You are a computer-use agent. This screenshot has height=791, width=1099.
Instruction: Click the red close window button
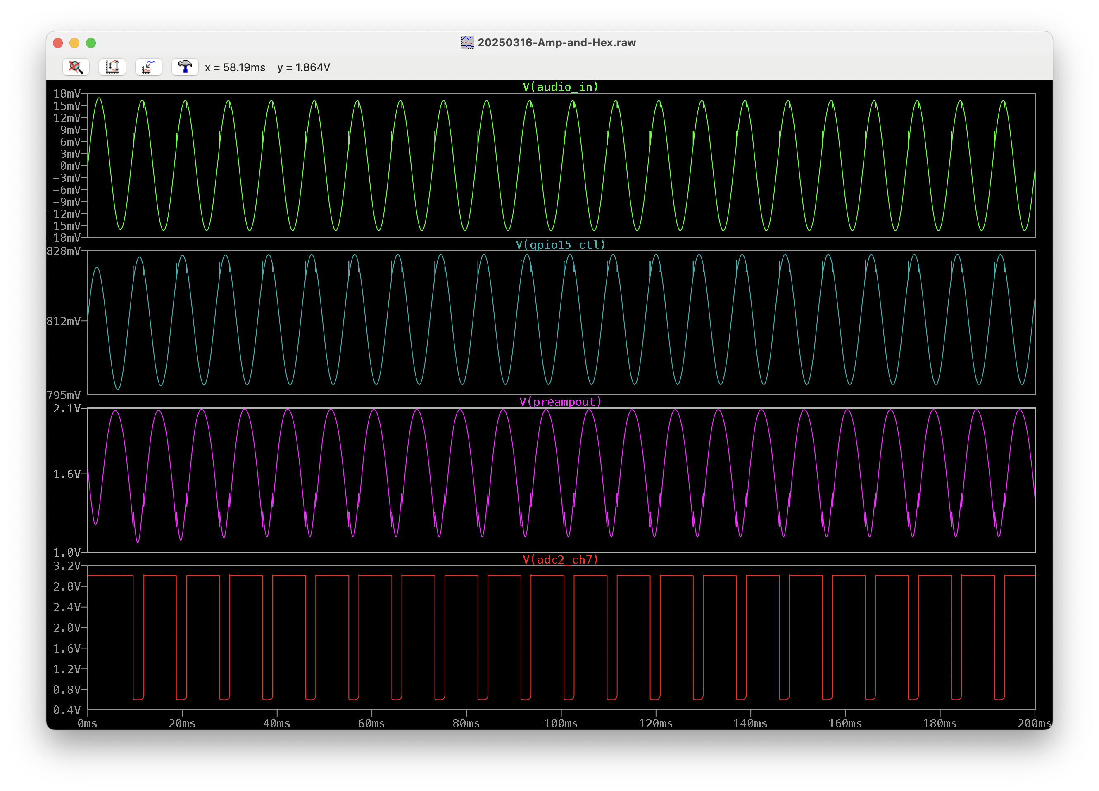pyautogui.click(x=58, y=43)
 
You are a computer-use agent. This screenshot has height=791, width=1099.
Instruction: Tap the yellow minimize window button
pyautogui.click(x=74, y=43)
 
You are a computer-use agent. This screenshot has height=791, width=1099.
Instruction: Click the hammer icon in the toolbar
pyautogui.click(x=185, y=67)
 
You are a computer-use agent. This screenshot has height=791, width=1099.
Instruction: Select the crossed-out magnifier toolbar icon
pyautogui.click(x=76, y=67)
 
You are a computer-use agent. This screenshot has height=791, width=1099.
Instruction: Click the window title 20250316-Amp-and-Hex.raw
pyautogui.click(x=556, y=43)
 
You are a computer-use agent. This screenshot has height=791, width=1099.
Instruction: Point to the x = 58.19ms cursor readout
pyautogui.click(x=235, y=67)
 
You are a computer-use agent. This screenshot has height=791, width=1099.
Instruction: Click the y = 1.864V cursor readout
pyautogui.click(x=303, y=67)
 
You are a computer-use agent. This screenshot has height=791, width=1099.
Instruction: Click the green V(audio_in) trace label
pyautogui.click(x=561, y=87)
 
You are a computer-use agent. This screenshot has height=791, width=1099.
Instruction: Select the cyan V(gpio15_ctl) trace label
pyautogui.click(x=561, y=244)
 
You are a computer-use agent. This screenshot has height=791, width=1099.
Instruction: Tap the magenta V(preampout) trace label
pyautogui.click(x=561, y=402)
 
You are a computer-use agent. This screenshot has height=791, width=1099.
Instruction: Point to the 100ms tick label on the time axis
pyautogui.click(x=561, y=723)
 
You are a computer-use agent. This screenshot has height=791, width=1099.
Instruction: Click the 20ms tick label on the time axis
pyautogui.click(x=182, y=723)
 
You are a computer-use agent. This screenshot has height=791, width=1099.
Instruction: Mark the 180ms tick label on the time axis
pyautogui.click(x=940, y=723)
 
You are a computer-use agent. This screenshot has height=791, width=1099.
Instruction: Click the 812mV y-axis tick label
pyautogui.click(x=64, y=321)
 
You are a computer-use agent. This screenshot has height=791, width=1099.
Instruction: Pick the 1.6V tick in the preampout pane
pyautogui.click(x=67, y=474)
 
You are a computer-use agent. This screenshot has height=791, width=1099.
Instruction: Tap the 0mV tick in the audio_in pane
pyautogui.click(x=70, y=166)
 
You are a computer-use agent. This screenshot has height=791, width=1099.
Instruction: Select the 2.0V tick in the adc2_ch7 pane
pyautogui.click(x=67, y=628)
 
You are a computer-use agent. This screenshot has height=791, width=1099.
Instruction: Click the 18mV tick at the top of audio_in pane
pyautogui.click(x=67, y=93)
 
